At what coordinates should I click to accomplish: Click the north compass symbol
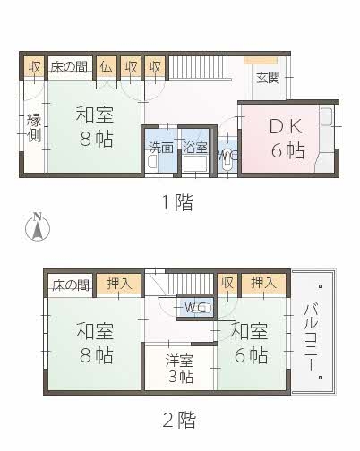(38, 226)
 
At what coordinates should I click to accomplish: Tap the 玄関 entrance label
(268, 78)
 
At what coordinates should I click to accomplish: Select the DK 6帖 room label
(287, 139)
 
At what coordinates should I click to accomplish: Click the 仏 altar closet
(107, 67)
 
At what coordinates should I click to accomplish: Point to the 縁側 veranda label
(34, 127)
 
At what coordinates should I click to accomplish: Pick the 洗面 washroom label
(161, 148)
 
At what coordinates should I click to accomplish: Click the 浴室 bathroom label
(195, 148)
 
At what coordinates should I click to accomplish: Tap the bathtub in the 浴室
(195, 164)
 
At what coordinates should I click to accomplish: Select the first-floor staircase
(198, 67)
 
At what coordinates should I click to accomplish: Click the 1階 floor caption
(177, 202)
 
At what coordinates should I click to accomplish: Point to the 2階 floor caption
(179, 420)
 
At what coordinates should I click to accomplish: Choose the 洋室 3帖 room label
(180, 368)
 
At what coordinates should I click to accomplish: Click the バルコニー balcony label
(312, 337)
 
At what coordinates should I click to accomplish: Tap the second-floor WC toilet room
(196, 307)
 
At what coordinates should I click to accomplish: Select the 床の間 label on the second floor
(71, 285)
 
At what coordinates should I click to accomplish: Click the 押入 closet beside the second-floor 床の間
(119, 284)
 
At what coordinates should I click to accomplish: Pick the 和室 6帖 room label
(249, 343)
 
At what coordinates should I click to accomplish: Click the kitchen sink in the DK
(326, 116)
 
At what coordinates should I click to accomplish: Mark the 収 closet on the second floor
(227, 283)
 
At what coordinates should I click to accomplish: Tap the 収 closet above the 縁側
(34, 67)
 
